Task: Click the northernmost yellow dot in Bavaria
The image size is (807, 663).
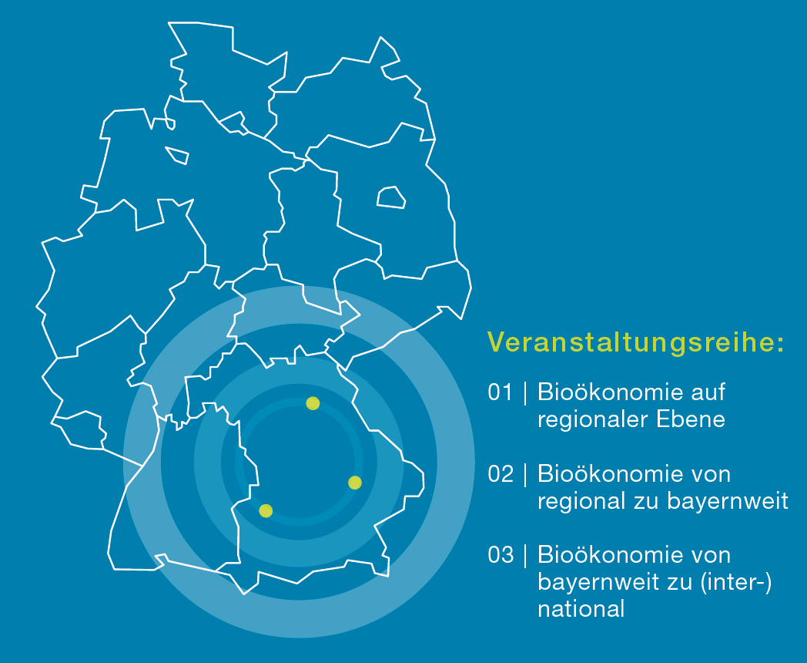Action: coord(313,403)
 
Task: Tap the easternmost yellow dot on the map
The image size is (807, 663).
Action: coord(355,483)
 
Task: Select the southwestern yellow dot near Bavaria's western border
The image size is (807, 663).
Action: coord(266,510)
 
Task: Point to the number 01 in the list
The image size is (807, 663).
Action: coord(501,392)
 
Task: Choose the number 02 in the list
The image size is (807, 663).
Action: coord(501,474)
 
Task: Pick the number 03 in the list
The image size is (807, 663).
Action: coord(501,555)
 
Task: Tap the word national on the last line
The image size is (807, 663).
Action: coord(581,610)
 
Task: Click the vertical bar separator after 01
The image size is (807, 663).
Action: coord(525,392)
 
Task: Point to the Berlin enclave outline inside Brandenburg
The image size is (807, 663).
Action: coord(391,197)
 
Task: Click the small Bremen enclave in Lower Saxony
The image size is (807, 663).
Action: coord(176,155)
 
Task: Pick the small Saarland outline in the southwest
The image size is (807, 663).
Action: coord(80,430)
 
